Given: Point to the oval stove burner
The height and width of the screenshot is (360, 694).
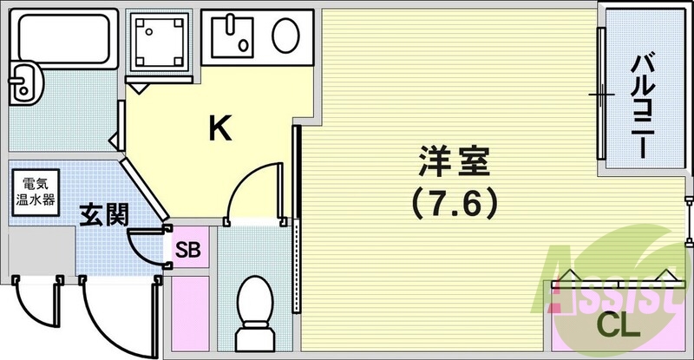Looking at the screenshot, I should point(285,37).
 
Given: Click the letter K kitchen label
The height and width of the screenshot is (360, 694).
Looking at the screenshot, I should point(220,130).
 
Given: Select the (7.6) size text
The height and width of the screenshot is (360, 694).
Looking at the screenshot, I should point(455,203).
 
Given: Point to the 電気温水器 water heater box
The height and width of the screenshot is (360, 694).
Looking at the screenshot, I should point(35,193).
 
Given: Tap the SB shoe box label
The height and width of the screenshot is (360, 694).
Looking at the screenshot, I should point(188,250).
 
